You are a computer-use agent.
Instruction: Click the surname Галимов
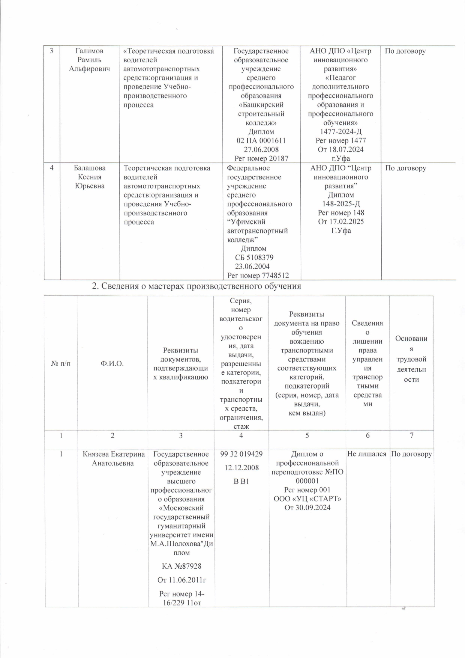click(89, 51)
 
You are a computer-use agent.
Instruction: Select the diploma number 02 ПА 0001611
click(261, 141)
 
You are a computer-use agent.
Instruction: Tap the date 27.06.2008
click(261, 149)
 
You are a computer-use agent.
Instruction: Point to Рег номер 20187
click(261, 158)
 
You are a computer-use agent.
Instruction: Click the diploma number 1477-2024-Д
click(340, 132)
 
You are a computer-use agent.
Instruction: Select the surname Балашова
click(90, 168)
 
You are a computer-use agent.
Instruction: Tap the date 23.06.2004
click(252, 267)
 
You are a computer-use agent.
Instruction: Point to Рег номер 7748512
click(258, 276)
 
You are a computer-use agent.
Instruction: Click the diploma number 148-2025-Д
click(341, 204)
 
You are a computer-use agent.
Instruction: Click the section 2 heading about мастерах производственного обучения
click(196, 286)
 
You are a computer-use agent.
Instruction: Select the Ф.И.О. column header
click(112, 364)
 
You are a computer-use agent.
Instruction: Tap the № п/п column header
click(61, 364)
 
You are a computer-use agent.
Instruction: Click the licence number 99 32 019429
click(241, 454)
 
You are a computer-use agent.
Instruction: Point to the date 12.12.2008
click(241, 468)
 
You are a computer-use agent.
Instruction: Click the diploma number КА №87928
click(181, 566)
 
